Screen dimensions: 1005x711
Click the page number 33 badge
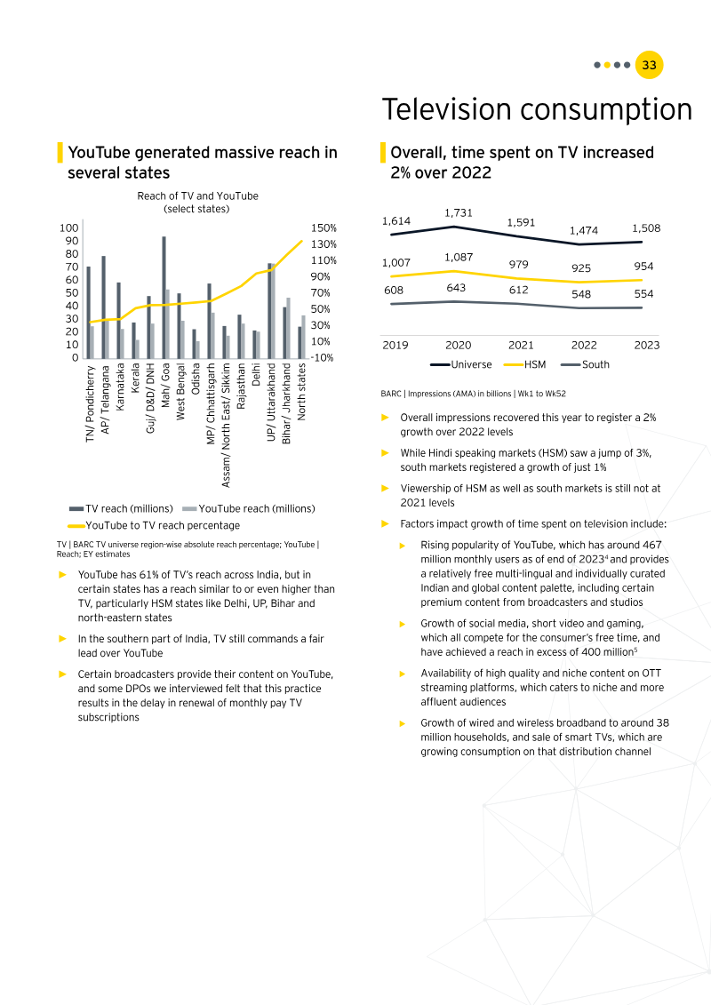pos(650,65)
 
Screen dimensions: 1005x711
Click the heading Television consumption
pos(537,110)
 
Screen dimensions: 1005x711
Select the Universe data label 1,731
pos(459,213)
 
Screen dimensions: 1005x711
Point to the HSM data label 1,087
pos(459,258)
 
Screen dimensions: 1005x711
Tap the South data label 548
pos(582,294)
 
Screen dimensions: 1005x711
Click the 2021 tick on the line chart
pos(521,345)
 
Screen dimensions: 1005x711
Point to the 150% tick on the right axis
pos(324,228)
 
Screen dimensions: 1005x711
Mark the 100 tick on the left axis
pos(68,228)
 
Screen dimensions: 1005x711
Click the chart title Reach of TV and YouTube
pos(197,195)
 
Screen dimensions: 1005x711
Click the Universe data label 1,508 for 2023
pos(646,228)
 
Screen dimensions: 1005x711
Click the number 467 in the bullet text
pos(652,545)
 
